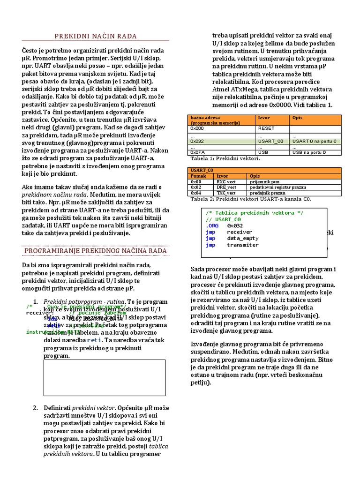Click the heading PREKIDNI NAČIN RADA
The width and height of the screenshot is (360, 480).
pyautogui.click(x=96, y=36)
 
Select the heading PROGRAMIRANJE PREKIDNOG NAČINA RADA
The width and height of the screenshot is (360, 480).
pyautogui.click(x=96, y=251)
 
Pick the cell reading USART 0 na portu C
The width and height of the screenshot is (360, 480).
pyautogui.click(x=315, y=141)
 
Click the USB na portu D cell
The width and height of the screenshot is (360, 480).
pyautogui.click(x=309, y=152)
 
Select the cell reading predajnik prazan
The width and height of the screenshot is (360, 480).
pyautogui.click(x=267, y=193)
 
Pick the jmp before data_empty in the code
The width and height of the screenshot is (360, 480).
pyautogui.click(x=210, y=238)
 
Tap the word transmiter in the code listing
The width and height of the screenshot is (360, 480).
pyautogui.click(x=242, y=245)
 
